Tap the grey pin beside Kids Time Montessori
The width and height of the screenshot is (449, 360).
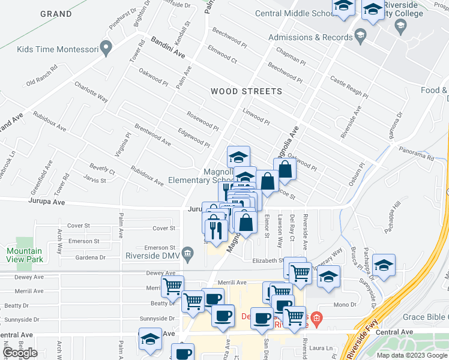coord(107,48)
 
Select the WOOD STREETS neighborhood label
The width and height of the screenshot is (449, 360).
coord(246,92)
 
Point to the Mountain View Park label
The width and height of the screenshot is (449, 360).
coord(25,255)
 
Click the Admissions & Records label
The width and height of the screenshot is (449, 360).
coord(310,37)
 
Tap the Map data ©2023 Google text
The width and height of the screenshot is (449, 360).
coord(412,355)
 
